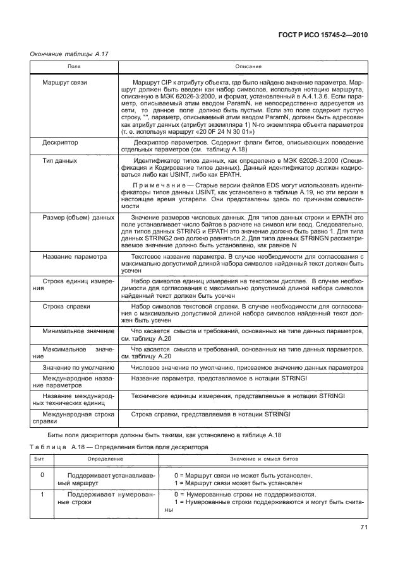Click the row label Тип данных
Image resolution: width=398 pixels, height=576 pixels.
click(x=59, y=162)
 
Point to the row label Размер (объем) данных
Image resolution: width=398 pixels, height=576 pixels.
click(x=78, y=218)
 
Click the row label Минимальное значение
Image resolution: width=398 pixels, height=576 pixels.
click(x=77, y=330)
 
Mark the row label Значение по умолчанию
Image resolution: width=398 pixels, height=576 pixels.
click(x=77, y=367)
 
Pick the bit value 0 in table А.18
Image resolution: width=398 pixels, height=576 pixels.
click(x=42, y=474)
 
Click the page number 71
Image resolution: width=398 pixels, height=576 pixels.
click(x=363, y=527)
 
